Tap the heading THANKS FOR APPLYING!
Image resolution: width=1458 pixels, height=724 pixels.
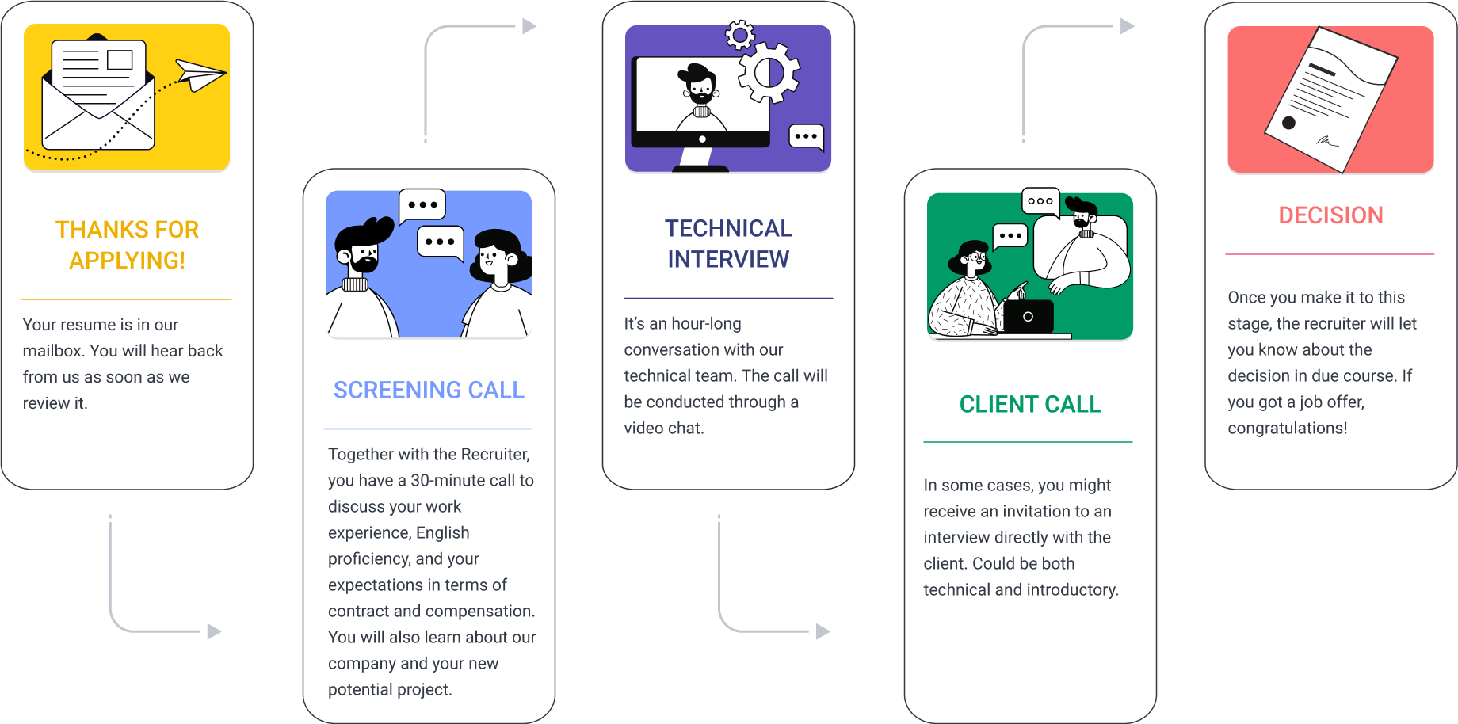point(127,245)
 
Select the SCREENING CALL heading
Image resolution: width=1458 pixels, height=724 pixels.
point(429,390)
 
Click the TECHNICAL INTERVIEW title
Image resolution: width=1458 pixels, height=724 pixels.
point(728,243)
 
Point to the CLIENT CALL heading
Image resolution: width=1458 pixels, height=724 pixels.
point(1030,404)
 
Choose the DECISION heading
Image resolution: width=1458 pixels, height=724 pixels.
point(1330,215)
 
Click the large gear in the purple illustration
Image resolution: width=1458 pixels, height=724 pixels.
point(769,73)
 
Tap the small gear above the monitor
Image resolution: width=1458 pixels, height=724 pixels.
point(740,35)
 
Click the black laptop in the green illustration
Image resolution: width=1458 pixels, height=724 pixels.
point(1028,317)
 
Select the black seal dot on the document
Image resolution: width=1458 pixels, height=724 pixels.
point(1288,123)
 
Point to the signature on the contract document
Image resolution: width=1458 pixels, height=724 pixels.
point(1326,141)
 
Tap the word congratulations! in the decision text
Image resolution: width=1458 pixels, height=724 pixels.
point(1287,428)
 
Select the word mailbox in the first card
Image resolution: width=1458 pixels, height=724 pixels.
point(52,350)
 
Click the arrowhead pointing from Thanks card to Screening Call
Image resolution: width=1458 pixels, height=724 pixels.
point(214,631)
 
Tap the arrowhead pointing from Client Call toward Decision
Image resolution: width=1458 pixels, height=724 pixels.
point(1128,27)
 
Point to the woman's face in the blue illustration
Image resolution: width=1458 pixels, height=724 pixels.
point(493,257)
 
